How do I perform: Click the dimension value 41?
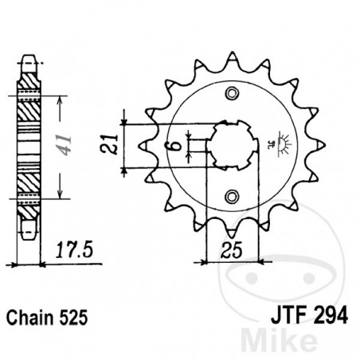tap(68, 145)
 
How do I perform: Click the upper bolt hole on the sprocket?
tap(232, 94)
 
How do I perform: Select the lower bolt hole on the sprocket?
tap(232, 196)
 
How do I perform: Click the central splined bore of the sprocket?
tap(232, 145)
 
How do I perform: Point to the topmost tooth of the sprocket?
tap(233, 58)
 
